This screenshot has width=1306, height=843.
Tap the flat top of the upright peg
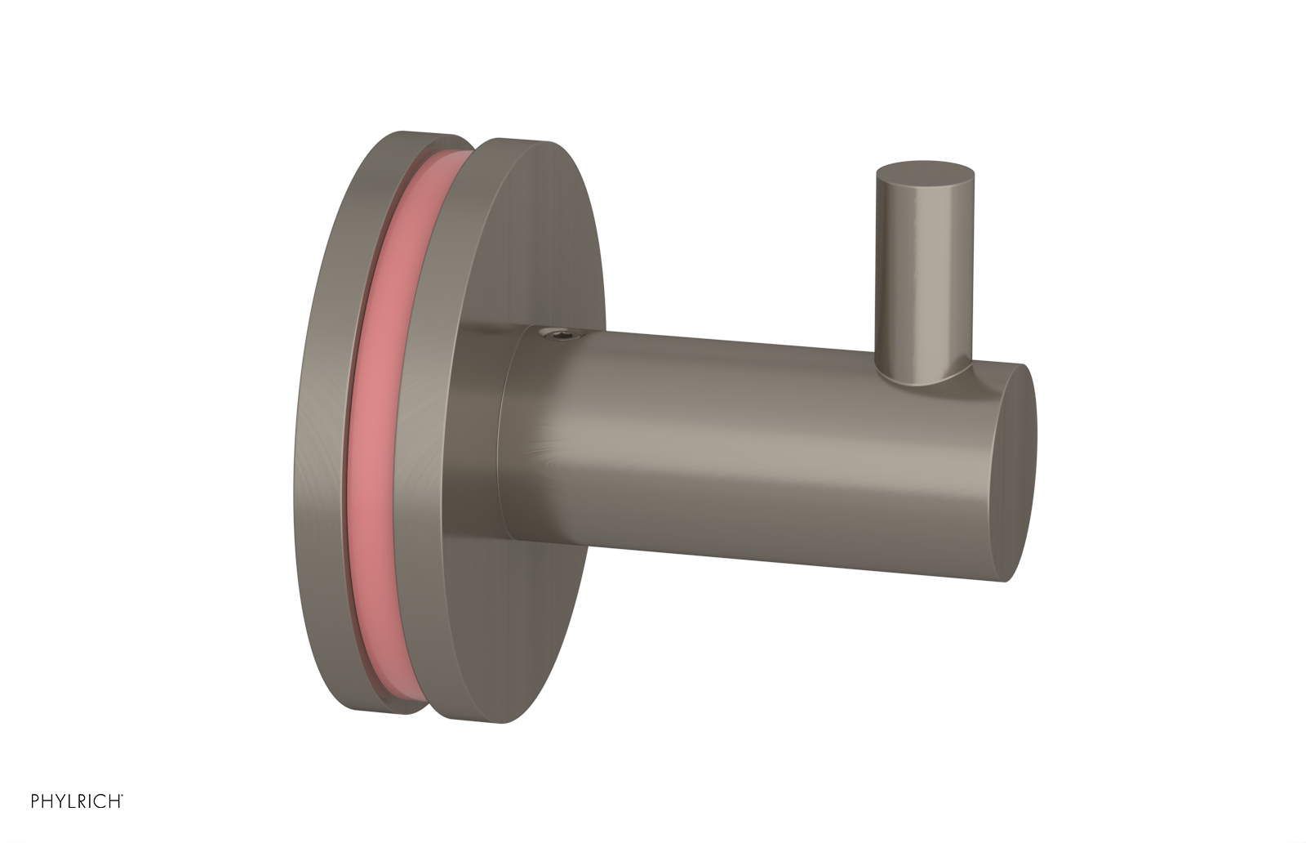pyautogui.click(x=924, y=172)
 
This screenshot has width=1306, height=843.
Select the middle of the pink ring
pyautogui.click(x=375, y=425)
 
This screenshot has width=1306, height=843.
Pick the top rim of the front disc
pyautogui.click(x=522, y=142)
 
